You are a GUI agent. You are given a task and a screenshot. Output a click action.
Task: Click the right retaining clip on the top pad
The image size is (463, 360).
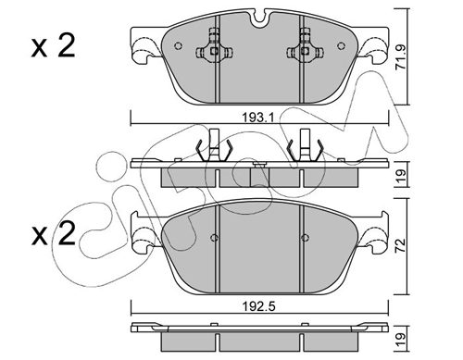pos(303,50)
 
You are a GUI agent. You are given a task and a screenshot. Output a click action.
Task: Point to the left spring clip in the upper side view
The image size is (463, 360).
pos(212,148)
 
